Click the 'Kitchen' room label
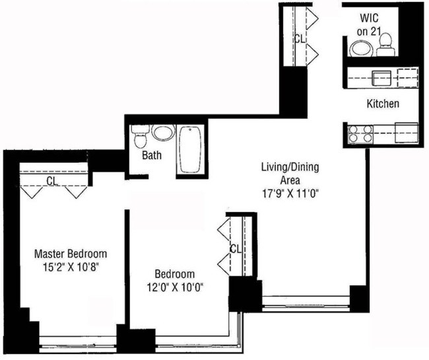[x=383, y=104]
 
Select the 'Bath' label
[x=153, y=157]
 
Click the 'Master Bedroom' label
[x=71, y=254]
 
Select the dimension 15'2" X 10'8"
[x=71, y=267]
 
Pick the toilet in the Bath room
[x=139, y=137]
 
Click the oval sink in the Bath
[x=162, y=132]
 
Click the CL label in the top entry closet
[x=299, y=39]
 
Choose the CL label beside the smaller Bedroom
[x=234, y=248]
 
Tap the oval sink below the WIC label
[x=360, y=48]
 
